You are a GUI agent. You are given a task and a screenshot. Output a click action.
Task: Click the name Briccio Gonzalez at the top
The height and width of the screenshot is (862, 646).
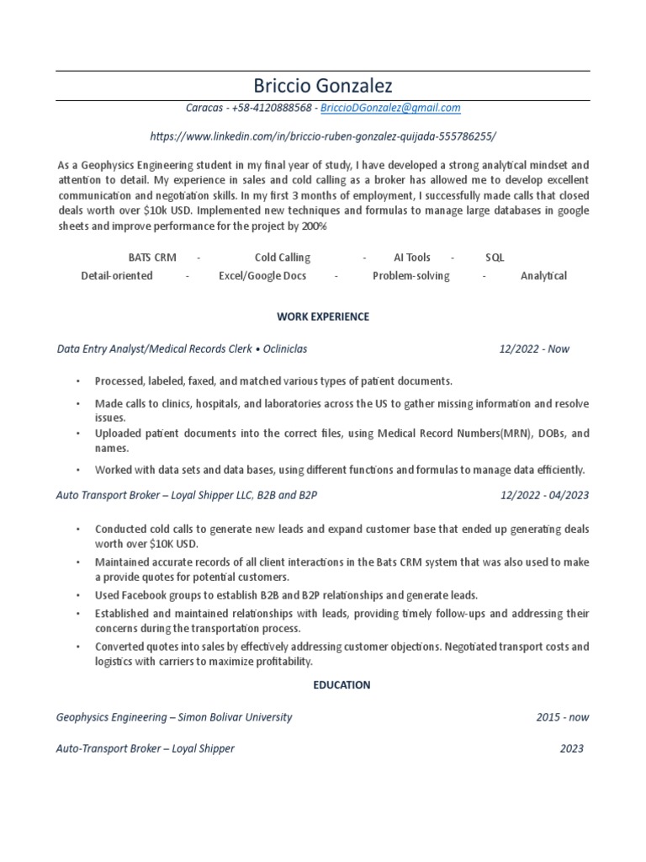[322, 86]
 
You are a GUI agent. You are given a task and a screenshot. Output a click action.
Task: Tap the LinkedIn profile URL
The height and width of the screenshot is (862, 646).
[323, 136]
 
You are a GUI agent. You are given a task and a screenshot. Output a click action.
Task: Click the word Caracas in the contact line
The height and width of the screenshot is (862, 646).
[204, 109]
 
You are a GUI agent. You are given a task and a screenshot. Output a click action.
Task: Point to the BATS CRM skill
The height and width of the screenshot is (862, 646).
[152, 258]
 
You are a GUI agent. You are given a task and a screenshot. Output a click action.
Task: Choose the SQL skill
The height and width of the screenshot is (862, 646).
[495, 258]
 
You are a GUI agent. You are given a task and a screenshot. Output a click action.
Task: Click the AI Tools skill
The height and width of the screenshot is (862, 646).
[411, 258]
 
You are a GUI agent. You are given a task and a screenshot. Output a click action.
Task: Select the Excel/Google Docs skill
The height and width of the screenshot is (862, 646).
[262, 276]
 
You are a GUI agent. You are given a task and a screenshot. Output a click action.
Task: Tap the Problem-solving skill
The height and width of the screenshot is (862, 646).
[410, 276]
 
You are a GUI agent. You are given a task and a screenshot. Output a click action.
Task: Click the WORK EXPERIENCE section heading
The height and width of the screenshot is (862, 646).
[323, 317]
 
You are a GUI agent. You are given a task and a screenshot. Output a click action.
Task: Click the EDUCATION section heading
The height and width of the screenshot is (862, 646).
[342, 685]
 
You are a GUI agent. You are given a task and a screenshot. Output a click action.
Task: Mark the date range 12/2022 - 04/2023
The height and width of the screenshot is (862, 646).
[544, 495]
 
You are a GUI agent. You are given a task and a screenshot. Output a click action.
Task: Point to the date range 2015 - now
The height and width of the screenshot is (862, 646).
[562, 717]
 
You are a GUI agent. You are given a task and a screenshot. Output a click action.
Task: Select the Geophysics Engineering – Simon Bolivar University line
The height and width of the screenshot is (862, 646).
[174, 717]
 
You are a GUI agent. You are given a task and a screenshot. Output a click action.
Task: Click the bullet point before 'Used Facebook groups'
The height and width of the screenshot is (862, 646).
[77, 595]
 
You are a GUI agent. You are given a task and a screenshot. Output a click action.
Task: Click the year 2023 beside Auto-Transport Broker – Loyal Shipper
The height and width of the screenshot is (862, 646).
[571, 748]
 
